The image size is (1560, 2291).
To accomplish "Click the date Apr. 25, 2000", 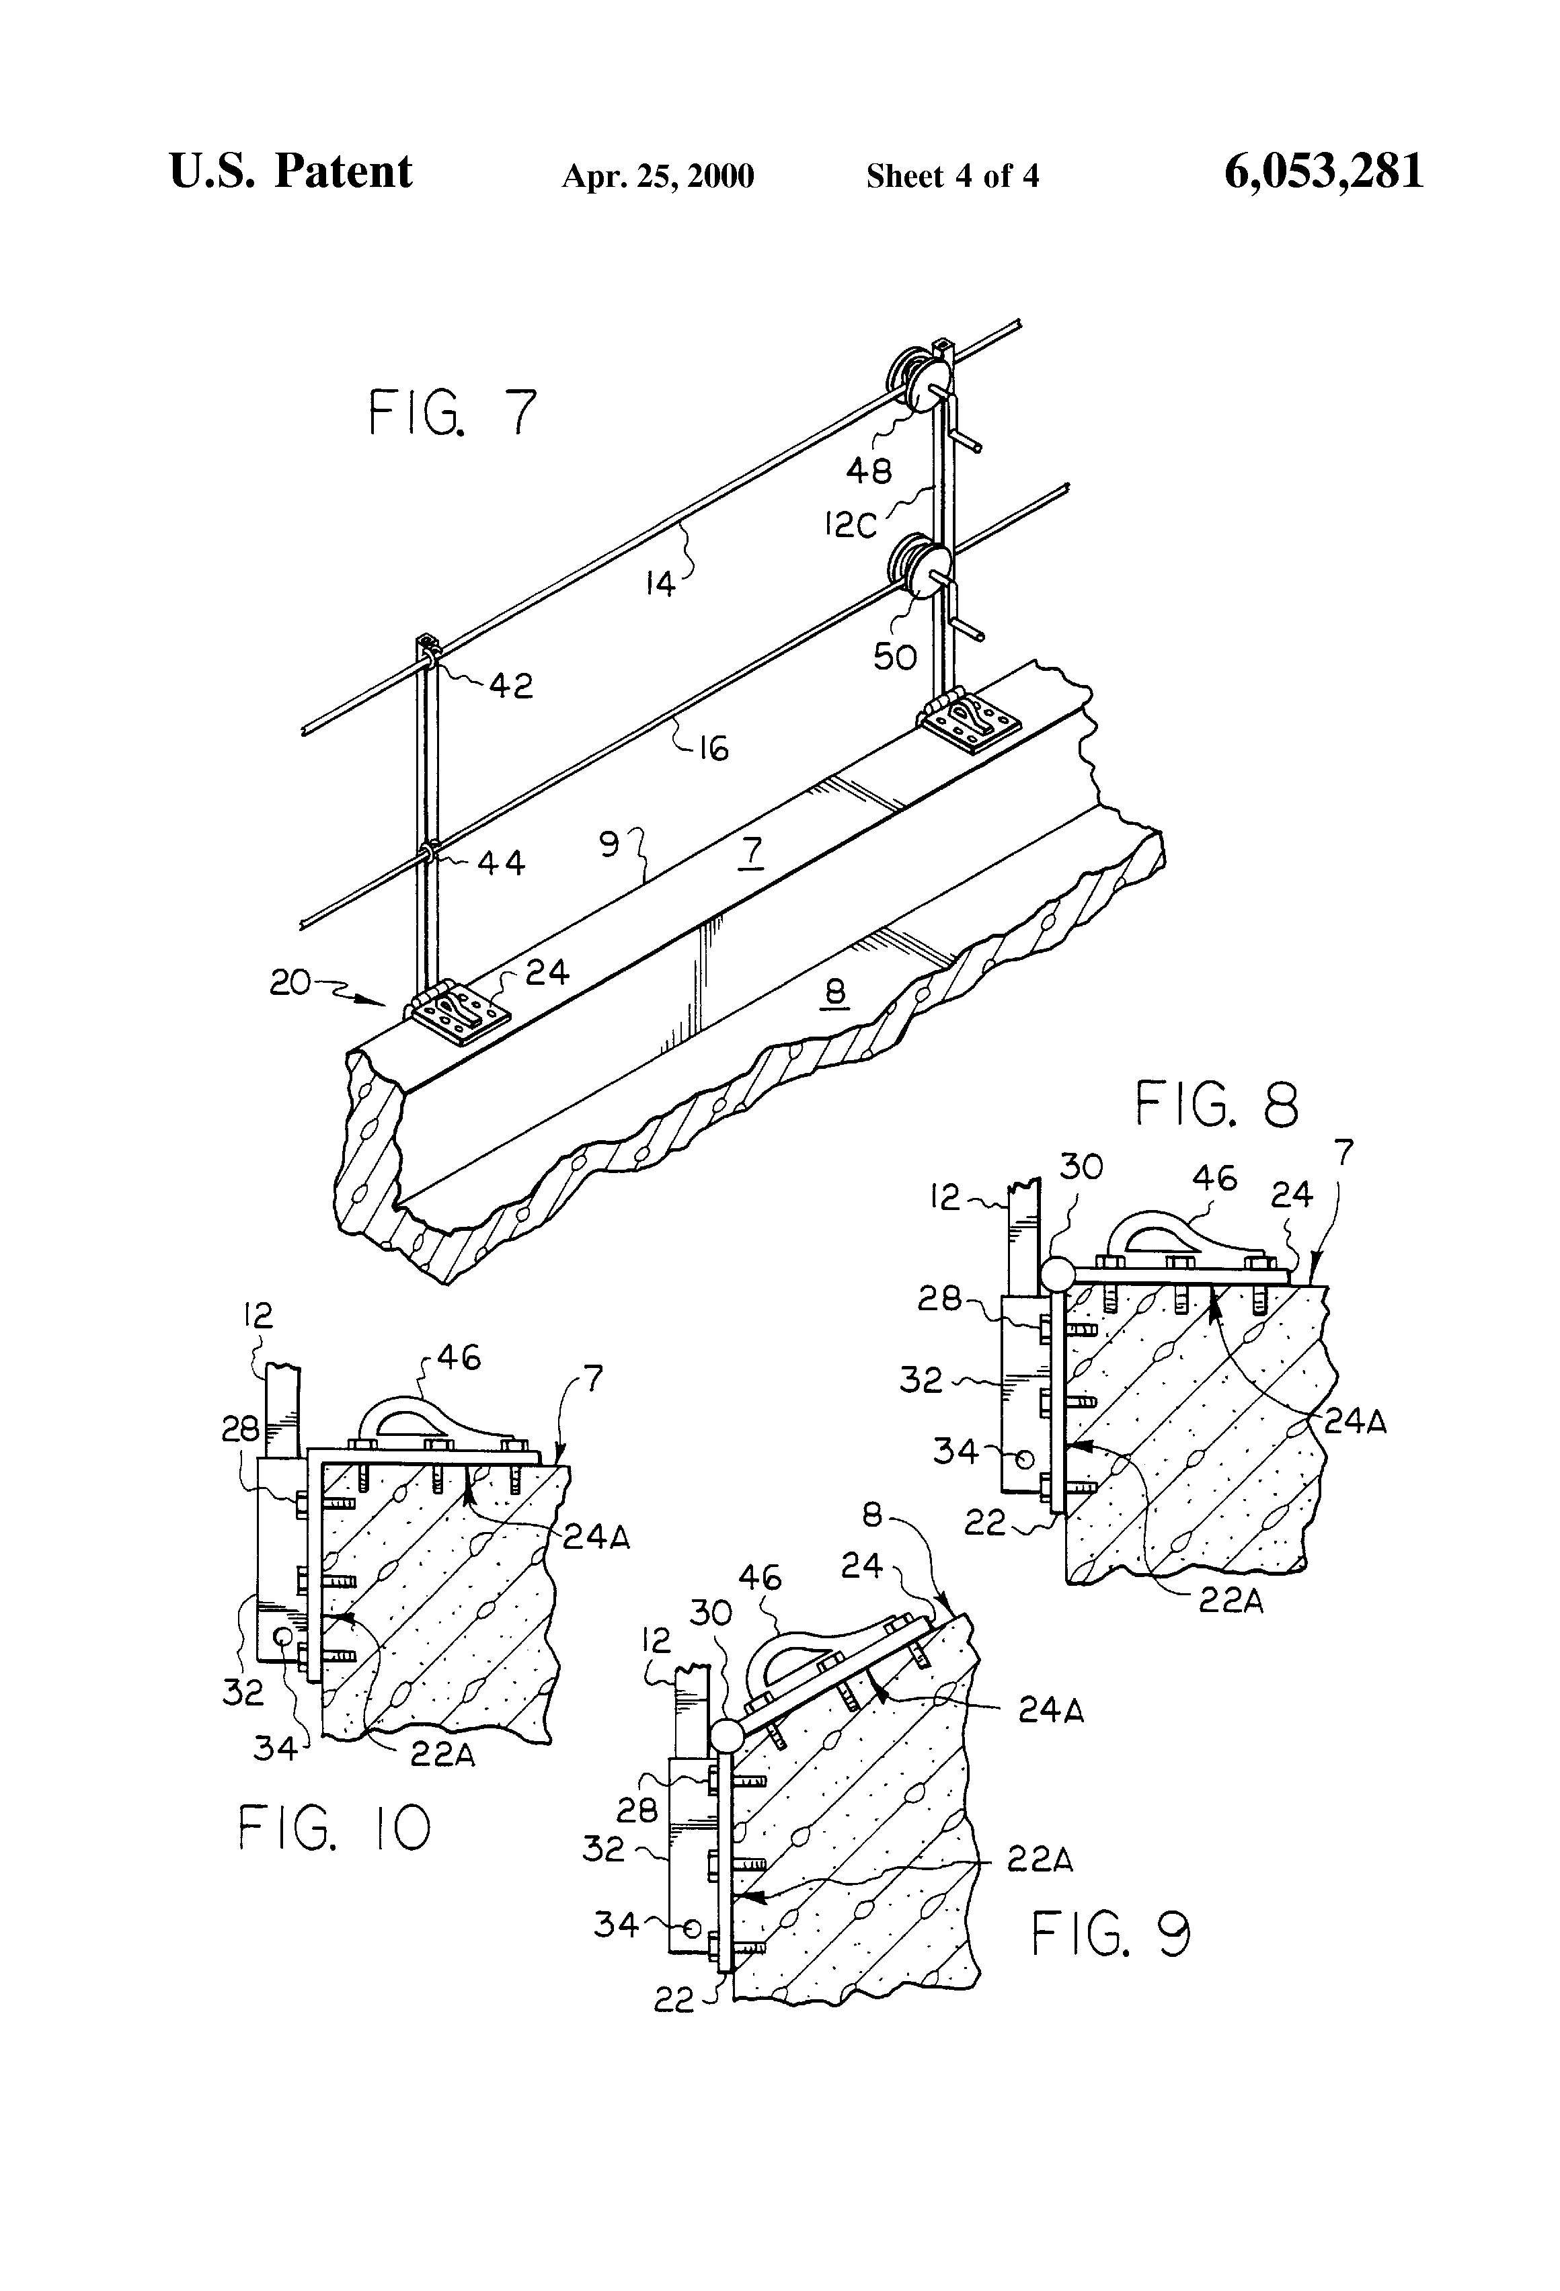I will (658, 176).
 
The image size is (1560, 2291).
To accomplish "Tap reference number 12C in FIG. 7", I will (850, 526).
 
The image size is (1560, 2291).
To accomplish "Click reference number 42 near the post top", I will (510, 685).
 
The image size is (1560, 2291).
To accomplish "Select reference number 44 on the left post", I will (500, 864).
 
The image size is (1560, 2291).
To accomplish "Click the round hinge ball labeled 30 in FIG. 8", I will (1056, 1275).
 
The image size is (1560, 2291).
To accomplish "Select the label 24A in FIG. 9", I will (1050, 1710).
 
